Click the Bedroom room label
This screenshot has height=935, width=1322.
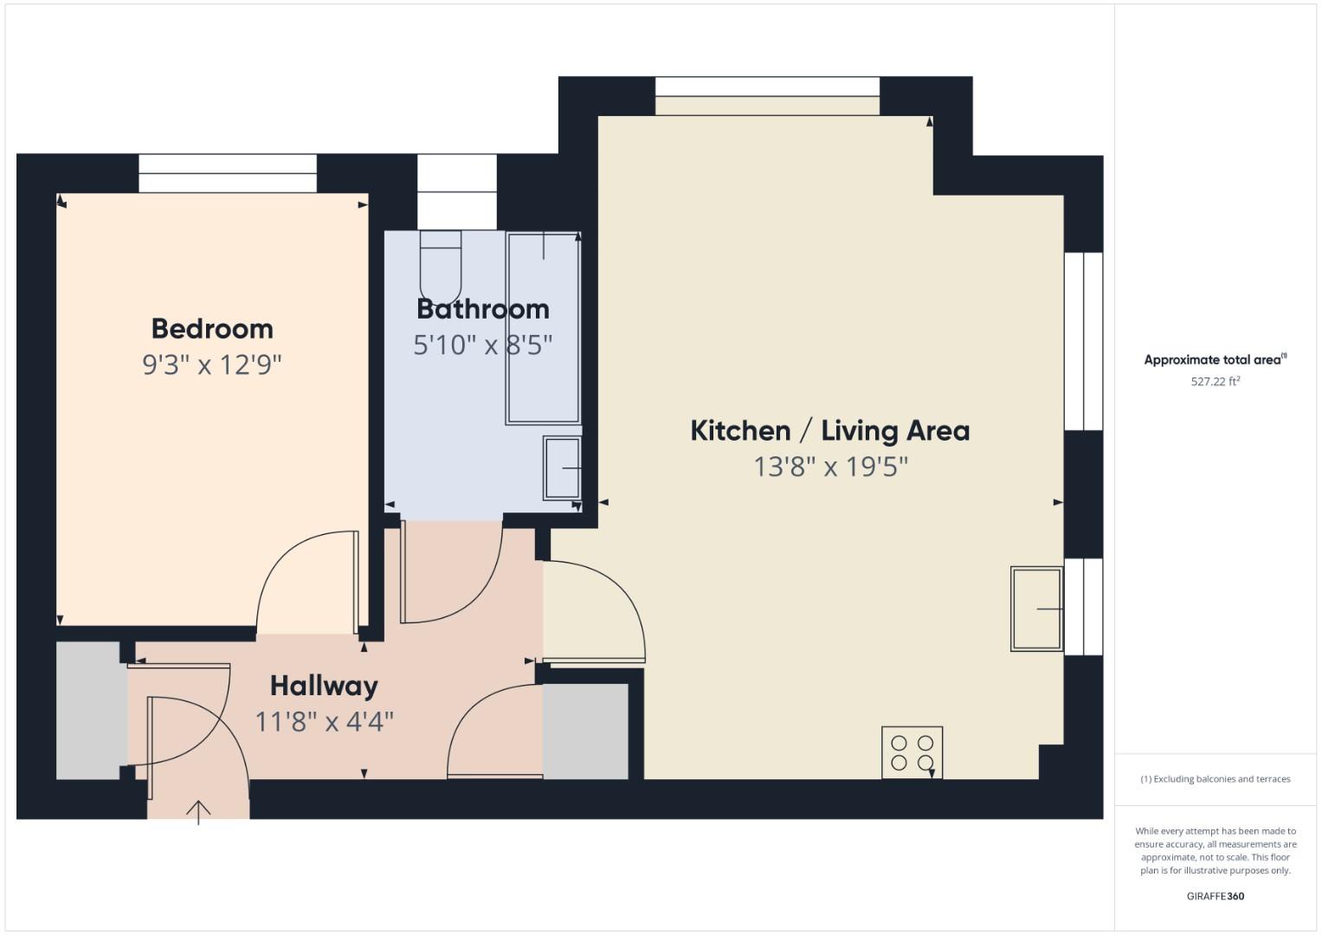click(x=212, y=329)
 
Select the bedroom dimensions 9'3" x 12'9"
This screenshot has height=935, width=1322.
click(x=212, y=364)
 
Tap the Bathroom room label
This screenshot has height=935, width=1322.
click(x=482, y=309)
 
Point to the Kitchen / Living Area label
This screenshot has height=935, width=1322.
click(x=829, y=430)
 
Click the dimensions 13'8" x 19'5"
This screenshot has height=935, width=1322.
click(x=830, y=467)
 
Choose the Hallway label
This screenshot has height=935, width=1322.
click(x=324, y=686)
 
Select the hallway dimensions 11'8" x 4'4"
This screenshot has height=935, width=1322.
click(x=324, y=721)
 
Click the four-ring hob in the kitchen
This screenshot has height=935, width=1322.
click(x=912, y=752)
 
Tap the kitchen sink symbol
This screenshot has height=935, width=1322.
click(x=1036, y=609)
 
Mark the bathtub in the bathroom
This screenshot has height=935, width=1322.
click(x=543, y=327)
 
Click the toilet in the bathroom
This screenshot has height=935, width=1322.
click(x=441, y=264)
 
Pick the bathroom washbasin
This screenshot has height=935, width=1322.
click(x=562, y=467)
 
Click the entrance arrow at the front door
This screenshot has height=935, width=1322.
click(x=198, y=811)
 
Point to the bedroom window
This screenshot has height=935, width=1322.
click(x=228, y=173)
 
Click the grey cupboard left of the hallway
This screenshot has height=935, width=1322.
click(x=88, y=710)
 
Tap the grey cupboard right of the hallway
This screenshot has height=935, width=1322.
click(x=585, y=732)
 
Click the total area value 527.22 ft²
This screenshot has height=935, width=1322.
click(x=1215, y=381)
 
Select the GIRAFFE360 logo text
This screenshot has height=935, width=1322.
click(x=1215, y=896)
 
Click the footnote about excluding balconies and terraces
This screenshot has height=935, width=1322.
click(x=1215, y=779)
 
